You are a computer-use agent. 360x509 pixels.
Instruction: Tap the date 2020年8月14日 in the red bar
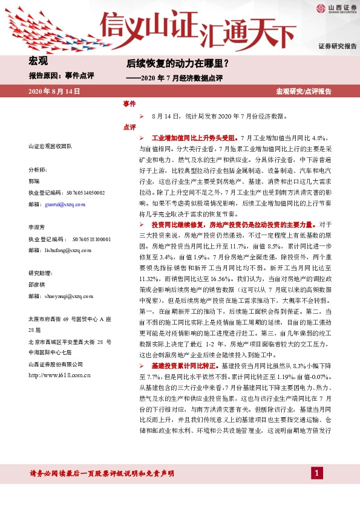coord(54,91)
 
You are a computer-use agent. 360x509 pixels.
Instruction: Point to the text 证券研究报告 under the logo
coord(338,46)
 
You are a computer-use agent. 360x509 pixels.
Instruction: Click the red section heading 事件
coord(129,104)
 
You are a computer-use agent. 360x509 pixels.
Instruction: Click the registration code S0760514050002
coord(79,192)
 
